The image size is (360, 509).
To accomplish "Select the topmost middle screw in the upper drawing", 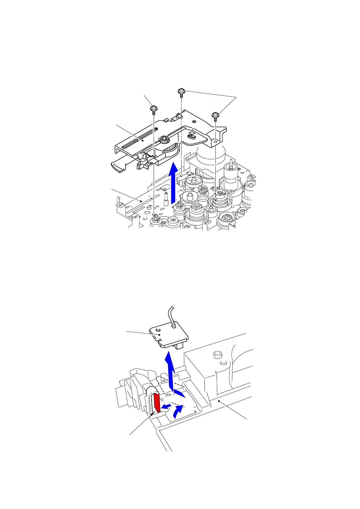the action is pyautogui.click(x=181, y=91).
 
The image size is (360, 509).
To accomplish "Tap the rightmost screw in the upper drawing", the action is pyautogui.click(x=216, y=115).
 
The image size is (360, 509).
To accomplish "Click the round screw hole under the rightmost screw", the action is pyautogui.click(x=215, y=141).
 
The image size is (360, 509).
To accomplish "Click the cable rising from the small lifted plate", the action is pyautogui.click(x=173, y=316).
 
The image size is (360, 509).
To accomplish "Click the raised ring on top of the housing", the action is pyautogui.click(x=216, y=354).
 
